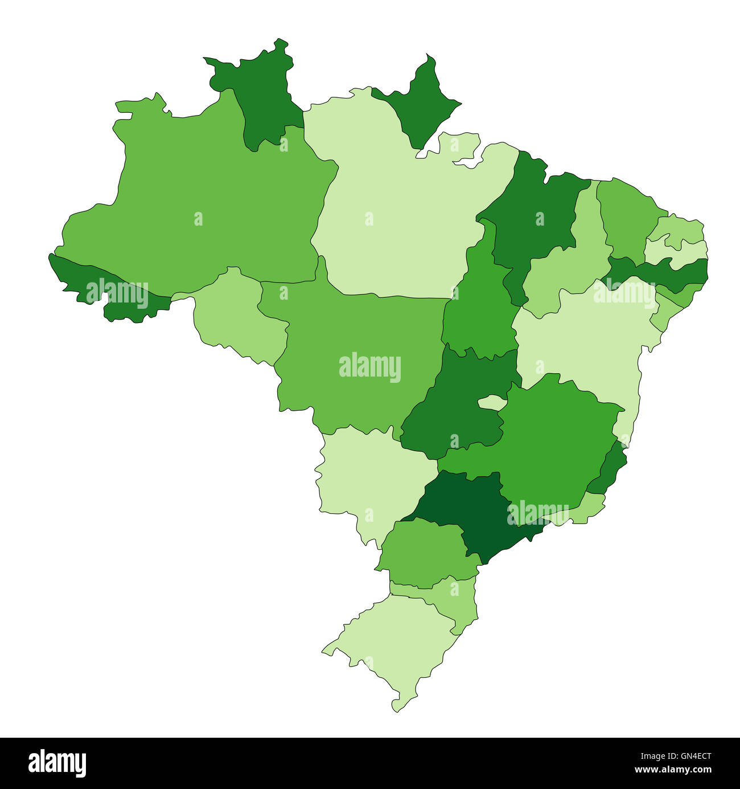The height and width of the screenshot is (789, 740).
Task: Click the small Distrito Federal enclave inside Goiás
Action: (492, 403)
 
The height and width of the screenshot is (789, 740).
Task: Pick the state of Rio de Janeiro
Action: (581, 510)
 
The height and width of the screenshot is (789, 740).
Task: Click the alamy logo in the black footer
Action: (57, 763)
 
